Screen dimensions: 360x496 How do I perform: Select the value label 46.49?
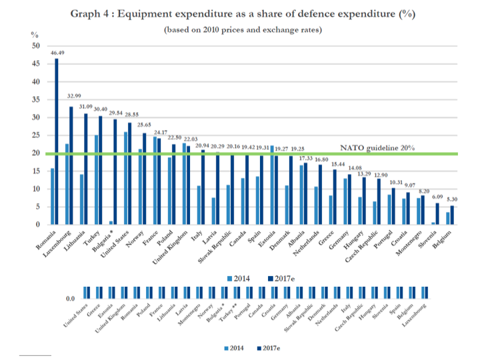point(56,53)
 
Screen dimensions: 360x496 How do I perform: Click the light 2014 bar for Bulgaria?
point(110,223)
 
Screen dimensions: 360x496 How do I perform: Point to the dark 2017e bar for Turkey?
point(100,170)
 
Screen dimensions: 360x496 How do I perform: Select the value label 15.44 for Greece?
point(338,163)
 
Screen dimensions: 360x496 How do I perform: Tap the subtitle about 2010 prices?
point(244,30)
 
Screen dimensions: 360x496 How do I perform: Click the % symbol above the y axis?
point(35,33)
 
